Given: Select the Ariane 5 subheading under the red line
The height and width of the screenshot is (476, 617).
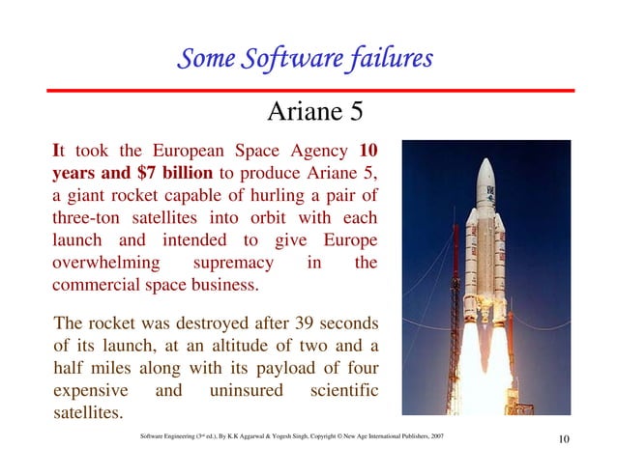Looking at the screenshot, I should (315, 114).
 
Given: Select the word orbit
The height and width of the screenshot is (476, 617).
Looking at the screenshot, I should (255, 218).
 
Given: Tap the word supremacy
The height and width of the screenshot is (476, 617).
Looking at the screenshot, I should (237, 263).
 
